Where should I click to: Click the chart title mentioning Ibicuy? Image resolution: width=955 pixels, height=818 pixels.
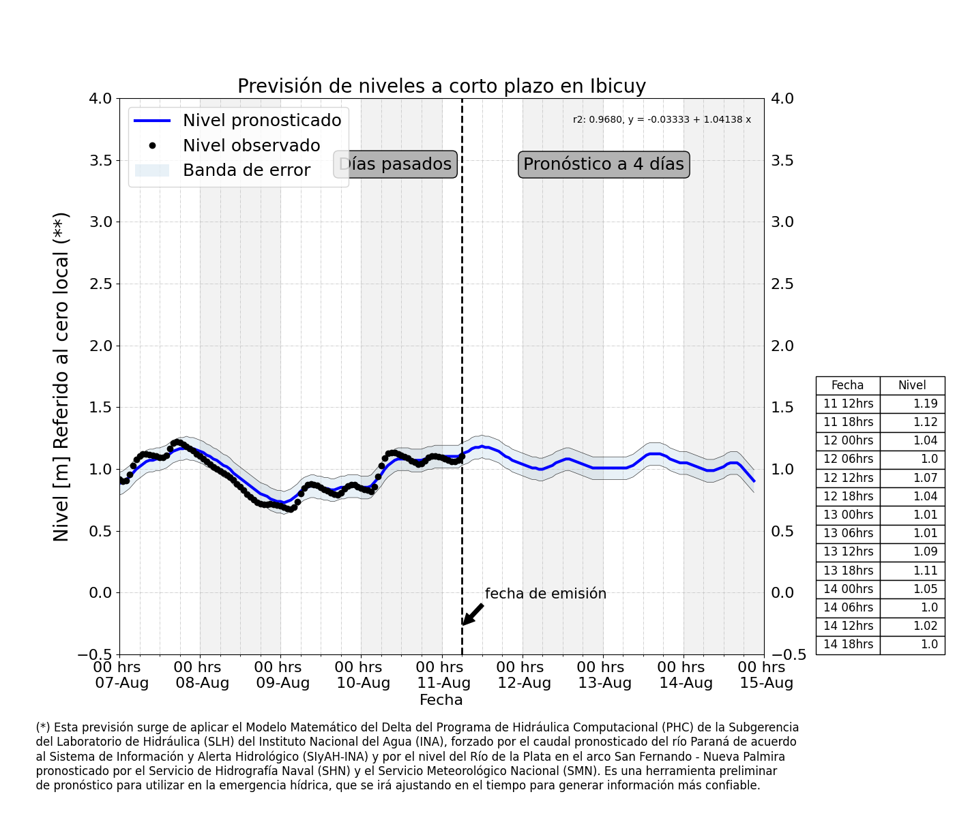point(441,86)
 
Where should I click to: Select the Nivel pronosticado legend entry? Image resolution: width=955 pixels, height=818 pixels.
point(237,121)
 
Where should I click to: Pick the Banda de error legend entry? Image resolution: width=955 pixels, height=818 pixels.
point(222,170)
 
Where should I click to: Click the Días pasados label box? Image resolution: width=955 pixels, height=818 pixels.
point(395,164)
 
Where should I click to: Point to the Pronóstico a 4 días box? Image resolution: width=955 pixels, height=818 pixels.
point(604,164)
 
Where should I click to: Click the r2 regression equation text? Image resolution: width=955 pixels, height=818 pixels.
point(662,119)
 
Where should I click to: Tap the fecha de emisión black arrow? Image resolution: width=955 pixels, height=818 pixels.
point(472,614)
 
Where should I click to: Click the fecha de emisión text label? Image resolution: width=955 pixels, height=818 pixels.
point(545,594)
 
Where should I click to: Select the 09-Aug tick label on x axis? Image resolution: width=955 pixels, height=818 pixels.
point(283,683)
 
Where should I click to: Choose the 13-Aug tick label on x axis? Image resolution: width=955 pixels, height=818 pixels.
point(605,683)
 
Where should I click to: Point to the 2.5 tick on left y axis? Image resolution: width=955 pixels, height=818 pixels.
point(101,284)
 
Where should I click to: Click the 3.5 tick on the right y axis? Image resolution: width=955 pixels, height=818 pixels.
point(782,161)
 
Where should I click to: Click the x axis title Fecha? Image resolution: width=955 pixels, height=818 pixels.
point(441,700)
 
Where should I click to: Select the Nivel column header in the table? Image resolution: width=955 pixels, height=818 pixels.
point(912,385)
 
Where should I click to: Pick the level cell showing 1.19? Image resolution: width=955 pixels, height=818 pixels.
point(926,404)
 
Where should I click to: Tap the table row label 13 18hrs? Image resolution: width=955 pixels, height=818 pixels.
point(849,571)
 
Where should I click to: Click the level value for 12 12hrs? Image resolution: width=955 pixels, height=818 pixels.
point(926,478)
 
